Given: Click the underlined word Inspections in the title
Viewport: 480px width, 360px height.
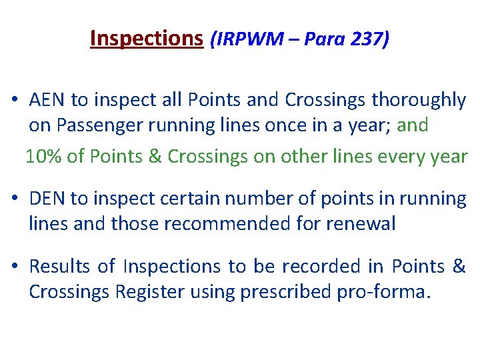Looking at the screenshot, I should [x=146, y=39].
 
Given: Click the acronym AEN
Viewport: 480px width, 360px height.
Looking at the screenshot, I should [x=48, y=100].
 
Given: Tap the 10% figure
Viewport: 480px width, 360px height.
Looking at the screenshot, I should [x=44, y=157].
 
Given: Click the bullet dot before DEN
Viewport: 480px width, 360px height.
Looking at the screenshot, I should [x=14, y=199].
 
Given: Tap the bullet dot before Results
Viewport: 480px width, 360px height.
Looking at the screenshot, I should [x=14, y=267].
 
